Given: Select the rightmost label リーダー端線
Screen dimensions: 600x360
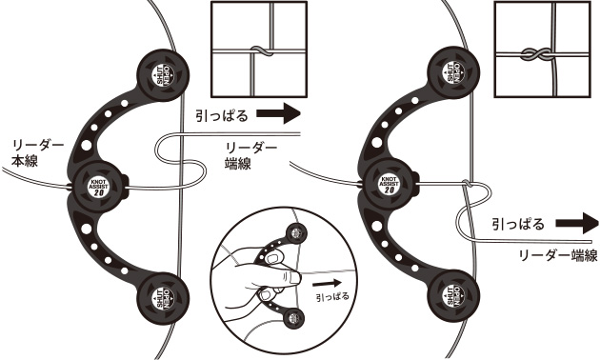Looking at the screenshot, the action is pyautogui.click(x=556, y=255).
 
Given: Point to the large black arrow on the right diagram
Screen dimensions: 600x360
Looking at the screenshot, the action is pyautogui.click(x=576, y=225).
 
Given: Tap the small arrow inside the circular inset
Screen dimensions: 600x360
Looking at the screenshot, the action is pyautogui.click(x=325, y=282).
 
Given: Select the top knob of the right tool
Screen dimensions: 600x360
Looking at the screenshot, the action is pyautogui.click(x=452, y=70).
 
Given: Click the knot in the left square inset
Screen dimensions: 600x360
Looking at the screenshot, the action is pyautogui.click(x=255, y=49).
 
